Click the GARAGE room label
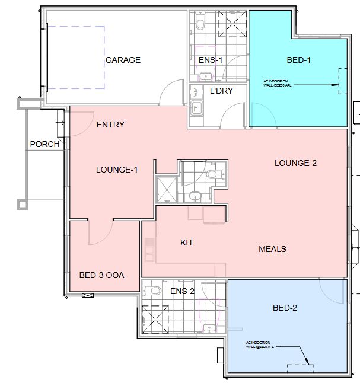point(123,60)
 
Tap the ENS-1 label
point(210,60)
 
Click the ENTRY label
point(110,125)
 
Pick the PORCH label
point(44,144)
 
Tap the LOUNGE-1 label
point(117,170)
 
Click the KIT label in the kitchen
point(187,242)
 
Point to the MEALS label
point(273,249)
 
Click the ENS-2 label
point(182,291)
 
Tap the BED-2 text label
point(285,308)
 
